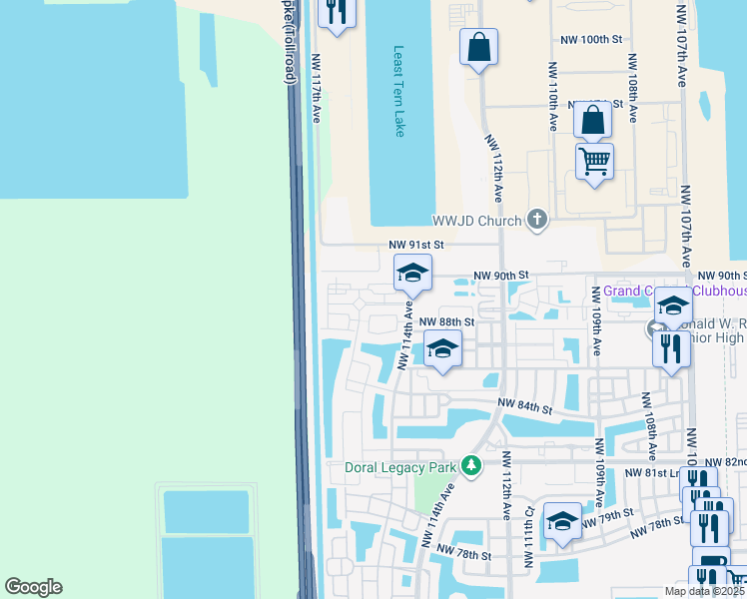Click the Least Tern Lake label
(399, 91)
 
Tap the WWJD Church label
(476, 221)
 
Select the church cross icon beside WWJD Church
(537, 220)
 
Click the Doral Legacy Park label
(399, 466)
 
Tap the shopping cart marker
(594, 160)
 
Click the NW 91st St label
(415, 244)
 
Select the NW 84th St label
(526, 407)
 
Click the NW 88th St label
(446, 321)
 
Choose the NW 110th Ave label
(552, 96)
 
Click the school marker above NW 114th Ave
(412, 273)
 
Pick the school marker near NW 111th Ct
(563, 521)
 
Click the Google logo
(33, 587)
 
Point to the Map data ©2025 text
(703, 591)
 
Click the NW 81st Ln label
(651, 472)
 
